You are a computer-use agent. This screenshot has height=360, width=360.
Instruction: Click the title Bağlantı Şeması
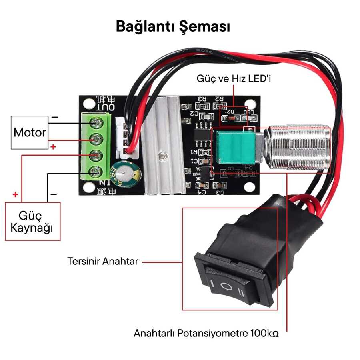173,27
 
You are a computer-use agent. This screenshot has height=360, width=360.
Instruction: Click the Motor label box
30,132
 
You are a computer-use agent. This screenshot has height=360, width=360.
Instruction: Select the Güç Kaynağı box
32,221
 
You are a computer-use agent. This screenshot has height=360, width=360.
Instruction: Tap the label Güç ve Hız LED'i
234,78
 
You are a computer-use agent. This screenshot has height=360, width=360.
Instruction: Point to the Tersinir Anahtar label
103,262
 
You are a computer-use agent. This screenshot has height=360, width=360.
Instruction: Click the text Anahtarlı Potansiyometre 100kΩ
206,333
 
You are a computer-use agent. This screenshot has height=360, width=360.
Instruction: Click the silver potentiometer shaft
298,148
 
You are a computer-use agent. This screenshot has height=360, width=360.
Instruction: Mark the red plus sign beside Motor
53,147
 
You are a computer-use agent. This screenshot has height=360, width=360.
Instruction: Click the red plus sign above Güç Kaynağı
16,195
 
